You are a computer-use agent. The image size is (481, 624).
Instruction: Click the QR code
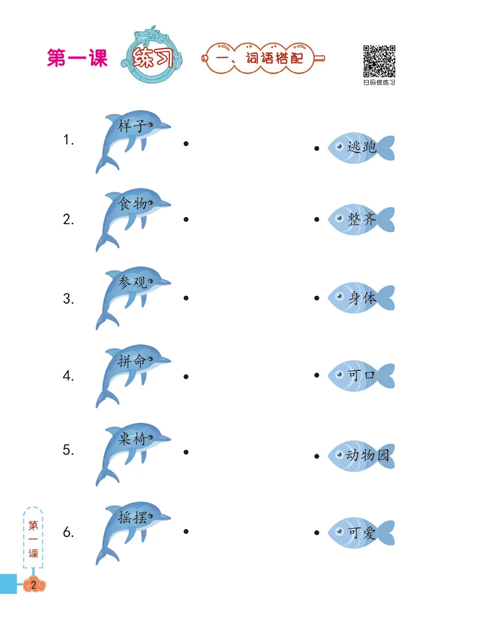[379, 62]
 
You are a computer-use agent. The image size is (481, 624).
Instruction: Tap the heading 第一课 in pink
[77, 58]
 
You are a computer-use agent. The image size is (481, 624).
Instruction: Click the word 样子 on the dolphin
[131, 126]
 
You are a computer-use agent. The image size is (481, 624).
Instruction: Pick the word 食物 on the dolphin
[132, 204]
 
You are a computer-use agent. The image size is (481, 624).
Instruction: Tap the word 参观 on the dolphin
[132, 282]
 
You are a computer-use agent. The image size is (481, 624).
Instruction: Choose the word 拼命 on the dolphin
[132, 360]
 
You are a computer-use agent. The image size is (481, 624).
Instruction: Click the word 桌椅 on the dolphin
[132, 439]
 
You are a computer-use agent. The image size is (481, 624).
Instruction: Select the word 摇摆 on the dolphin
[132, 517]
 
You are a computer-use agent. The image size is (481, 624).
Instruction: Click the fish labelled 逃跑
[361, 148]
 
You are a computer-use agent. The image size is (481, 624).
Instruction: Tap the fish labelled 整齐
[361, 219]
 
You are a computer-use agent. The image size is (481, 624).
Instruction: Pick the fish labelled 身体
[361, 298]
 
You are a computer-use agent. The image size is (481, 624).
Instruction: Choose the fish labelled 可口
[361, 375]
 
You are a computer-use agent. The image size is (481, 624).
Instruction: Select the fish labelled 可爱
[361, 532]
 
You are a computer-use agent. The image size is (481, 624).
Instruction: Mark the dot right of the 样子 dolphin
[186, 144]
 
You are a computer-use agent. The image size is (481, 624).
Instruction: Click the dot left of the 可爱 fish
[317, 532]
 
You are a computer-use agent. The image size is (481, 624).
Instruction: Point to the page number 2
[34, 584]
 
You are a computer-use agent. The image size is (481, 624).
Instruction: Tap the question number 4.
[68, 376]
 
